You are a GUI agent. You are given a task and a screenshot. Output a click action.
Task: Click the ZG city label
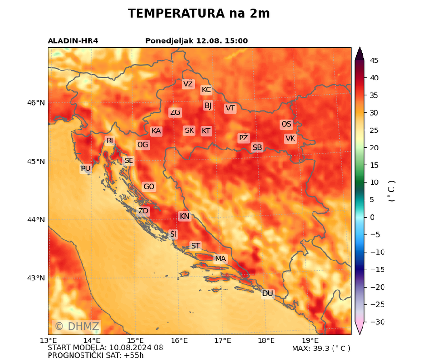[x=175, y=112]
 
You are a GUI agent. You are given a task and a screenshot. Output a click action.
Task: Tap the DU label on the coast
[x=268, y=293]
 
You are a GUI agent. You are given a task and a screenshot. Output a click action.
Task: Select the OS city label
[x=286, y=124]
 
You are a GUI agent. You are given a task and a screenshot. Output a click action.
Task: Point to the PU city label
[x=86, y=169]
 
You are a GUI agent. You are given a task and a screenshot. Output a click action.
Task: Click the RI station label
[x=110, y=140]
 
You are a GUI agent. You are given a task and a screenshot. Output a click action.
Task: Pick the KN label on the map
[x=184, y=216]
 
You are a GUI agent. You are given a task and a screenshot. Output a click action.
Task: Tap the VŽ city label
[x=188, y=84]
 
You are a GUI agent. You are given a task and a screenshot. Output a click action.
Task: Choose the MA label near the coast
[x=220, y=259]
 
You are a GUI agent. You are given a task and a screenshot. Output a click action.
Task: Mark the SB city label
[x=257, y=148]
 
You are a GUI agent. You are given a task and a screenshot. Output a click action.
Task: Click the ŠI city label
[x=173, y=234]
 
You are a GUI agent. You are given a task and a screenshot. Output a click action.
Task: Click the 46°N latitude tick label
[x=36, y=103]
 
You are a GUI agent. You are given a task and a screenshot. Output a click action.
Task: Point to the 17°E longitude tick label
[x=222, y=340]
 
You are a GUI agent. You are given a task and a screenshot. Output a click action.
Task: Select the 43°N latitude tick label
[x=36, y=278]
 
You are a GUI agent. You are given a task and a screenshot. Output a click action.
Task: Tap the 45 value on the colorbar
[x=374, y=60]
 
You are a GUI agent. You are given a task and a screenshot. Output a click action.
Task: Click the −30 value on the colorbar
[x=374, y=322]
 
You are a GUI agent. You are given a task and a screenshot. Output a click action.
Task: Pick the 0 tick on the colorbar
[x=373, y=217]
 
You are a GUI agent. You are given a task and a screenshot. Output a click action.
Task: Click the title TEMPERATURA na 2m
[x=199, y=13]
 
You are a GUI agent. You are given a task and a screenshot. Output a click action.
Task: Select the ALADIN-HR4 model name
[x=73, y=41]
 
